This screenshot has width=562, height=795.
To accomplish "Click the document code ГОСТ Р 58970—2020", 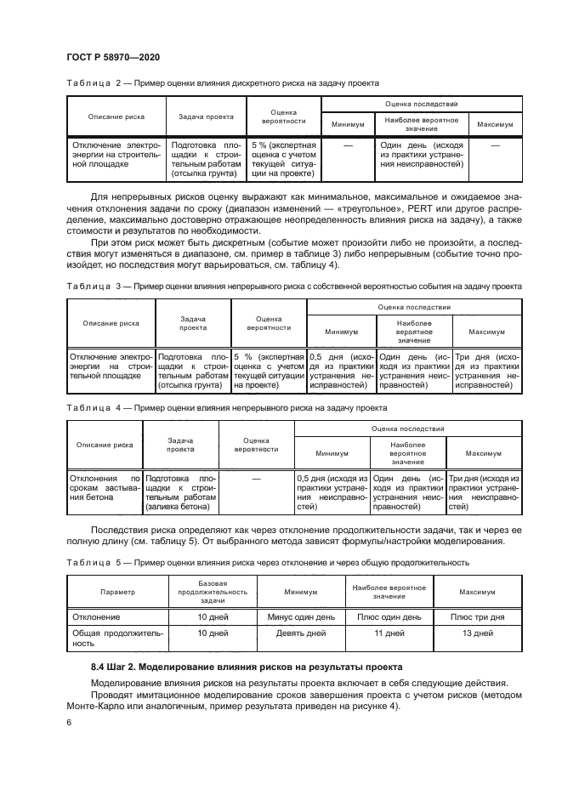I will click(113, 57).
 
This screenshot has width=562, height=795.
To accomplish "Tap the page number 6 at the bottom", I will click(68, 722).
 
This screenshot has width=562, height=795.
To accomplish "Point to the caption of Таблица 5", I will click(267, 562).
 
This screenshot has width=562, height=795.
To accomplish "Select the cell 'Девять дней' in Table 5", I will click(301, 633).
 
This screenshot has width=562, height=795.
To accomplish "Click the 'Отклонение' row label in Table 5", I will click(96, 616).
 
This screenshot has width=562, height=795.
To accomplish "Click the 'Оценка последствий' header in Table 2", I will click(422, 103).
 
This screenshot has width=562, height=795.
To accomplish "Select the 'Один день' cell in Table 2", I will click(422, 156).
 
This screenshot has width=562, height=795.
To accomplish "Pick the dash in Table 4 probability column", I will click(256, 480).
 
